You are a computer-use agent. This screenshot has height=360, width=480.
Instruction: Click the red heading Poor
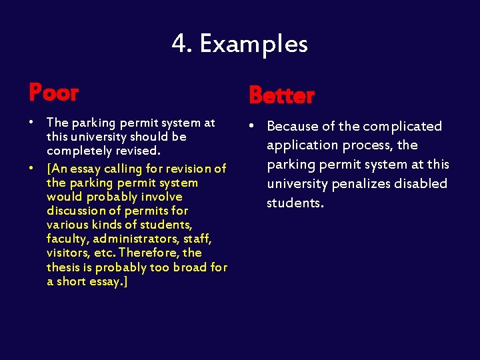tap(53, 93)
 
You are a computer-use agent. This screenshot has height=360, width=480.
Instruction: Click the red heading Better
tap(281, 96)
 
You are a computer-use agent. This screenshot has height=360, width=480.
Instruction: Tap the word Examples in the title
tap(253, 44)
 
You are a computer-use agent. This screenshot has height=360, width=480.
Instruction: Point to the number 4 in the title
tap(179, 44)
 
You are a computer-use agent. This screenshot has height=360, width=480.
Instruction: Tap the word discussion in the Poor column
tap(74, 211)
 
